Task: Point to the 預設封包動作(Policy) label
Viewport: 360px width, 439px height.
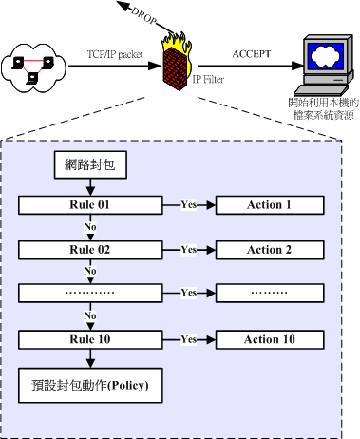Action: (x=92, y=385)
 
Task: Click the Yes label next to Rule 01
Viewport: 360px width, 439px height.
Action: (x=189, y=204)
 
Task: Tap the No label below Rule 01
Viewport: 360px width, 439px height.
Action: (x=91, y=227)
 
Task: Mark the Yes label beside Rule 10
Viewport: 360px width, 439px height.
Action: (x=189, y=339)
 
